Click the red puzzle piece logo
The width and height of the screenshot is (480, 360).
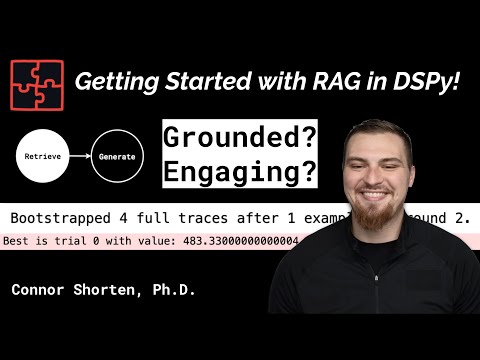click(x=36, y=83)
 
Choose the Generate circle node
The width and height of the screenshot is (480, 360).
click(x=117, y=156)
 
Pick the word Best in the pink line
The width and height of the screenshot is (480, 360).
click(x=19, y=240)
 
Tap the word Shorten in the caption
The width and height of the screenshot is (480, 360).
click(x=106, y=290)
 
